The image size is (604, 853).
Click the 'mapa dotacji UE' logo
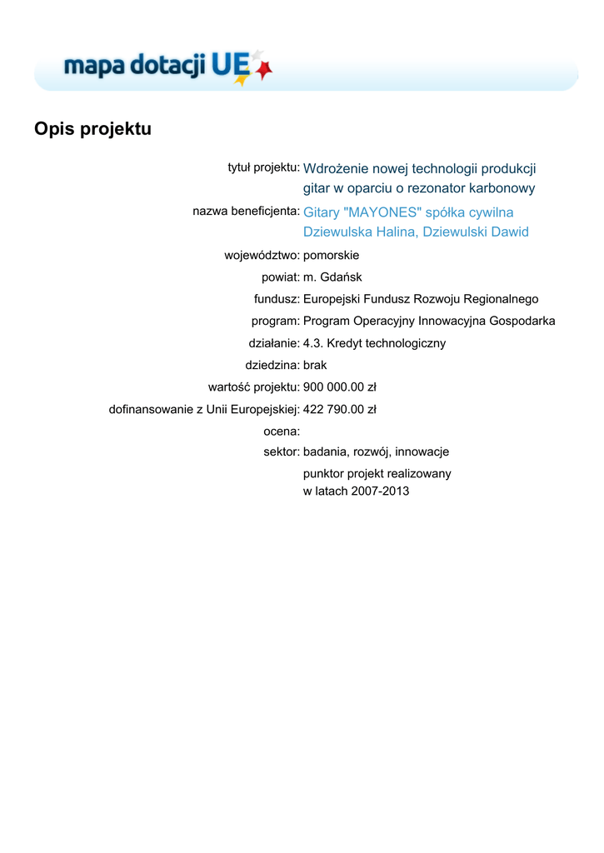point(167,66)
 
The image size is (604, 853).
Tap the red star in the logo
point(264,72)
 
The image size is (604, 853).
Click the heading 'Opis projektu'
point(92,129)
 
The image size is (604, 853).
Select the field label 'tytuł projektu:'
point(263,167)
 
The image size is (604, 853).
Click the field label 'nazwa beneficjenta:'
point(246,211)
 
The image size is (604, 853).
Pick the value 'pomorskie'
point(331,255)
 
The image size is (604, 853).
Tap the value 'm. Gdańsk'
point(332,277)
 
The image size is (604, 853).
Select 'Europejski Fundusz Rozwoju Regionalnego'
point(421,299)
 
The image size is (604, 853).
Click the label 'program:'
point(275,321)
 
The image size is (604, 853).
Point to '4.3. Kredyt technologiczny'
point(374,342)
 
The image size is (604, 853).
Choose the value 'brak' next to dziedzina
point(316,365)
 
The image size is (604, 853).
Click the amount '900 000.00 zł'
point(340,387)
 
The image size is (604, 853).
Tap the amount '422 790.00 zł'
point(340,409)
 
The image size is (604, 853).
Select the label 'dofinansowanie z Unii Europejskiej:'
point(204,409)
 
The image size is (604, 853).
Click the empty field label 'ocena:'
point(281,431)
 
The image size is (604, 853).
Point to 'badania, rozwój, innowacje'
point(376,451)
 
